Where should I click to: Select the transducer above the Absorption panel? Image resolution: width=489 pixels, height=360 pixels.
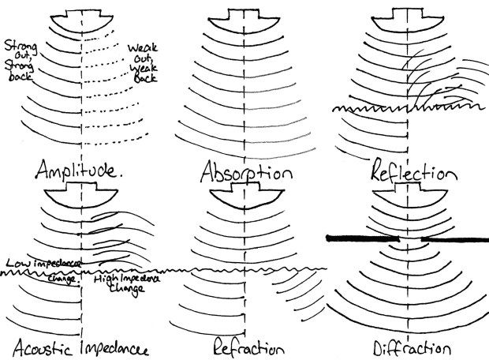(241, 17)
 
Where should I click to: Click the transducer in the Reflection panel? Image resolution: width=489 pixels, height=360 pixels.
(407, 17)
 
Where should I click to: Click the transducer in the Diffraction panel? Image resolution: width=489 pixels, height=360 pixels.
(411, 191)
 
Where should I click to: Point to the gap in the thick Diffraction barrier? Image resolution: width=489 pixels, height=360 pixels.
(411, 237)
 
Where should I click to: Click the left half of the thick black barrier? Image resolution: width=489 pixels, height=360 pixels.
(364, 236)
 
